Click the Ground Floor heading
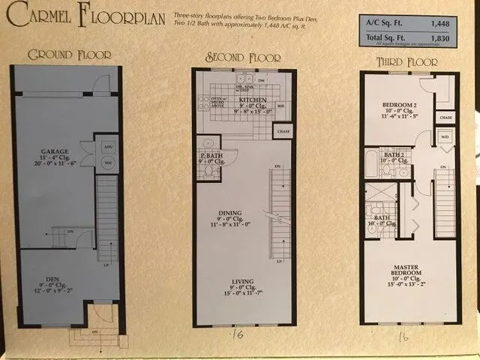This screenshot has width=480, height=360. [x=69, y=54]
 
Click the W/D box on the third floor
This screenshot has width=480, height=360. [x=445, y=137]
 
